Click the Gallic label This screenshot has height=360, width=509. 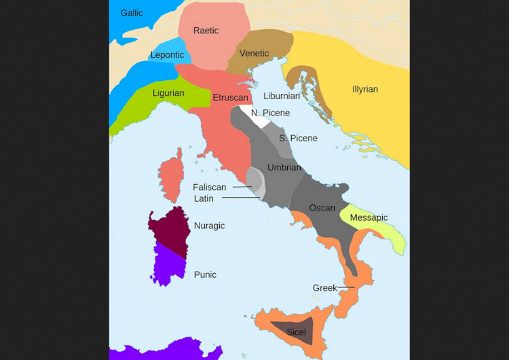(132, 13)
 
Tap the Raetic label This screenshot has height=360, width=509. (206, 31)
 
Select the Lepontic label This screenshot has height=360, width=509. (166, 55)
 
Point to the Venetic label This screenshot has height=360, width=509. (254, 54)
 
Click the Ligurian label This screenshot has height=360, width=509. (167, 93)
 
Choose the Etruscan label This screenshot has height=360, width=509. (229, 98)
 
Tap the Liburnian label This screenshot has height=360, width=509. (282, 96)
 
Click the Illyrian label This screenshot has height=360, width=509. (365, 90)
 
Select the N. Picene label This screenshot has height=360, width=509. (270, 113)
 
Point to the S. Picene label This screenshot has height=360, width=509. (298, 139)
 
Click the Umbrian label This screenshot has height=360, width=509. (284, 167)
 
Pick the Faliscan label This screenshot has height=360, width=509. (209, 187)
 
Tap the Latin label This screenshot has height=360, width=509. (204, 198)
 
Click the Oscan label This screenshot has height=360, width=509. (322, 208)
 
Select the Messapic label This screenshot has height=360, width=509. (369, 218)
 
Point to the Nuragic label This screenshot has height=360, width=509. (209, 226)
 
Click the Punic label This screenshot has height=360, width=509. (205, 275)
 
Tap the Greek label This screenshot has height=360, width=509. (324, 288)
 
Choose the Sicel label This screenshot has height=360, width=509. (297, 332)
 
